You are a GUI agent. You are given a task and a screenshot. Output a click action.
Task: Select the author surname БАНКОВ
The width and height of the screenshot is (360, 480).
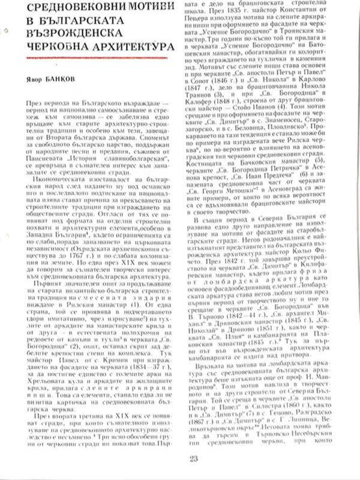pyautogui.click(x=57, y=79)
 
